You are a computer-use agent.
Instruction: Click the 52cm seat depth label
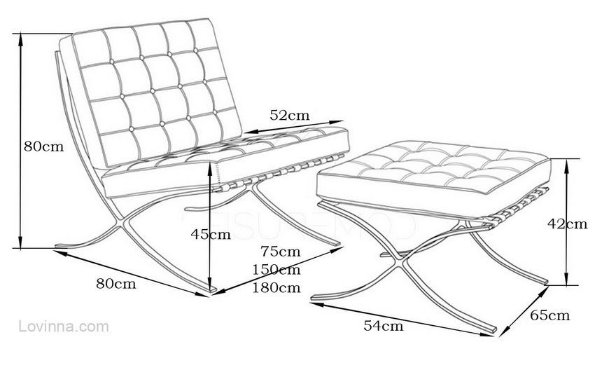click(289, 116)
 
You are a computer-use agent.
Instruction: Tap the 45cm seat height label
click(211, 235)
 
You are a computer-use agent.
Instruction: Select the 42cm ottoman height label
click(567, 224)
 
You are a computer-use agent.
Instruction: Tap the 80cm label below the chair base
click(116, 283)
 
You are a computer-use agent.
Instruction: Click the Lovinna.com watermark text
click(64, 327)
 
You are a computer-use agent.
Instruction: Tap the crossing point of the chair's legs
click(126, 223)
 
